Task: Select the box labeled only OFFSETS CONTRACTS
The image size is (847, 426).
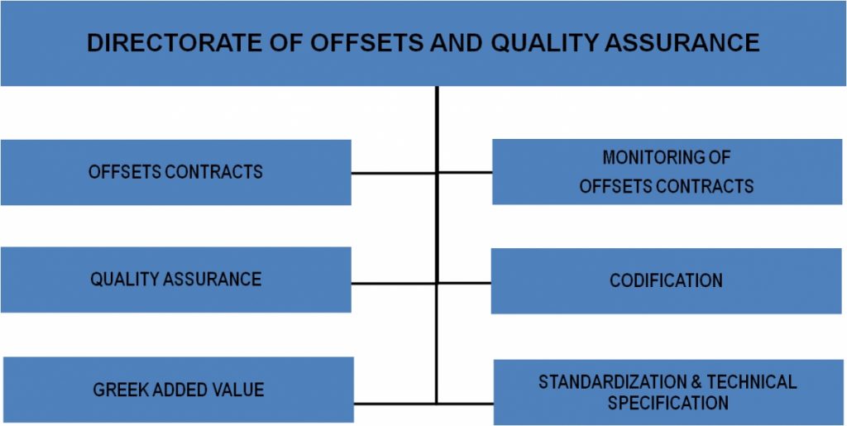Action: (x=176, y=172)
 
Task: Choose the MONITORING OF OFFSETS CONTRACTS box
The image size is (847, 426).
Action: (x=668, y=172)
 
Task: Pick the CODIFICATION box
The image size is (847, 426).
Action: (x=666, y=280)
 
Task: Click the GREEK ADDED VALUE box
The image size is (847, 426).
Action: (x=179, y=390)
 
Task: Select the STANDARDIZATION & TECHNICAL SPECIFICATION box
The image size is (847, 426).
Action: (x=668, y=392)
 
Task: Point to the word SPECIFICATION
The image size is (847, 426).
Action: (x=668, y=403)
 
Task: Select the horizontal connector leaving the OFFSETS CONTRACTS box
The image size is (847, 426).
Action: (x=394, y=174)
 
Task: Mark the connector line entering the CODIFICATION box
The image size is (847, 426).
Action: (x=464, y=282)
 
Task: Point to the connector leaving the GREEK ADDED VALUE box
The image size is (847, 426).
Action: (x=395, y=404)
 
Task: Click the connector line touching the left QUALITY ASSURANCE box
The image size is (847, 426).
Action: (x=394, y=283)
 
